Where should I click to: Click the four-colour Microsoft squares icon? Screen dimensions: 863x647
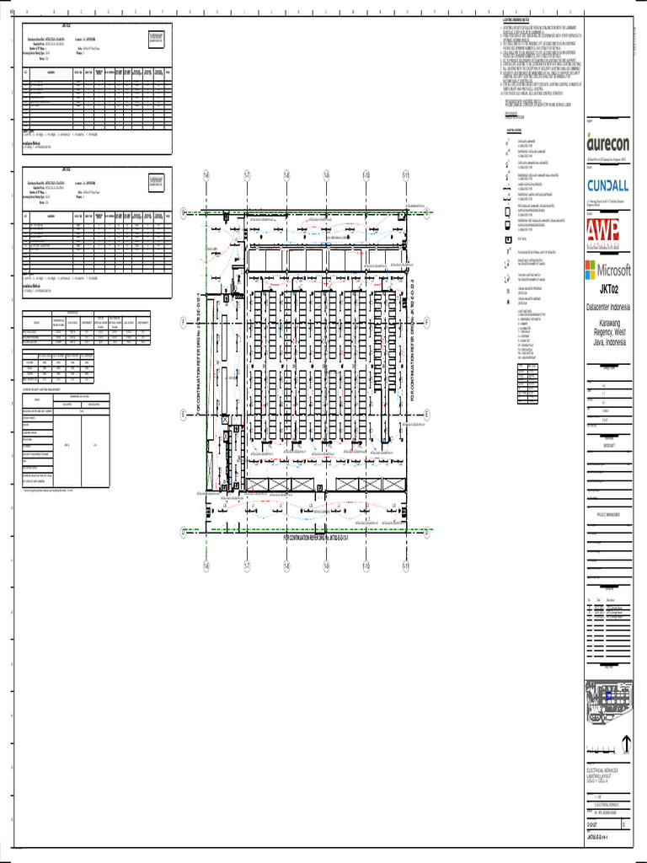pyautogui.click(x=592, y=270)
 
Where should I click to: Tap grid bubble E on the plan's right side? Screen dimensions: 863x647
pyautogui.click(x=427, y=414)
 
